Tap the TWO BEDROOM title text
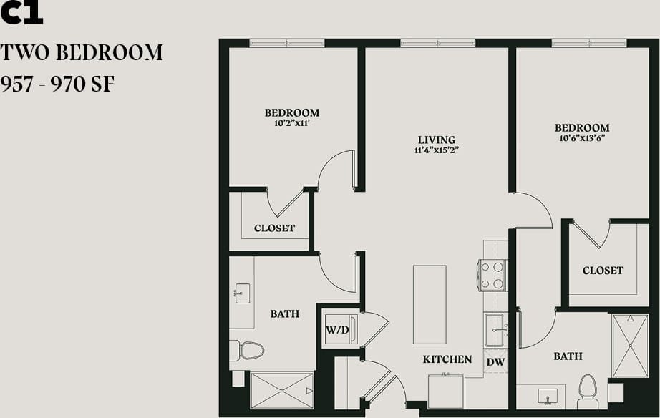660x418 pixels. click(x=82, y=53)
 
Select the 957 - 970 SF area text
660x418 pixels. click(x=58, y=84)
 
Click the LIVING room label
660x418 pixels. click(x=436, y=140)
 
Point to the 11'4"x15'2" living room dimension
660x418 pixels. click(x=436, y=151)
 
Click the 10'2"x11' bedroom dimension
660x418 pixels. click(x=291, y=123)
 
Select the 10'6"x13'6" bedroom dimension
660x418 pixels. click(x=582, y=139)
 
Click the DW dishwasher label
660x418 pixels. click(x=495, y=362)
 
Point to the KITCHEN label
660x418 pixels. click(x=447, y=359)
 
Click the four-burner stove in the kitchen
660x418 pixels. click(x=492, y=275)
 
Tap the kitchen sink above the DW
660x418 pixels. click(x=494, y=330)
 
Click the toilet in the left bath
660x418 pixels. click(x=247, y=350)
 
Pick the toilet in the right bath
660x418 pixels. click(x=588, y=389)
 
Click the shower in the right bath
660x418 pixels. click(x=630, y=346)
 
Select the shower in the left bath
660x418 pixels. click(x=282, y=391)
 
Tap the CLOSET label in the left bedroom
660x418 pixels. click(x=274, y=228)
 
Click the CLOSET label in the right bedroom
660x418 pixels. click(x=603, y=271)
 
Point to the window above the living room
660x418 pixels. click(x=438, y=43)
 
